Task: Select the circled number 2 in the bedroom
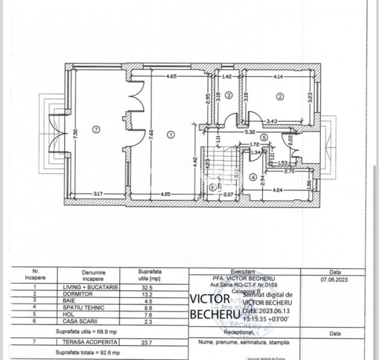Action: click(x=279, y=96)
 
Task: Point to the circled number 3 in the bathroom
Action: click(x=229, y=96)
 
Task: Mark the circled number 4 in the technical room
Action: click(x=253, y=178)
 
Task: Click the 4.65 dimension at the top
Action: click(x=171, y=77)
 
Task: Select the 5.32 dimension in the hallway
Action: click(x=250, y=132)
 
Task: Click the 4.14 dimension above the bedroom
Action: click(x=278, y=77)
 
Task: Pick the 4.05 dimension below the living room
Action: click(x=166, y=193)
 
